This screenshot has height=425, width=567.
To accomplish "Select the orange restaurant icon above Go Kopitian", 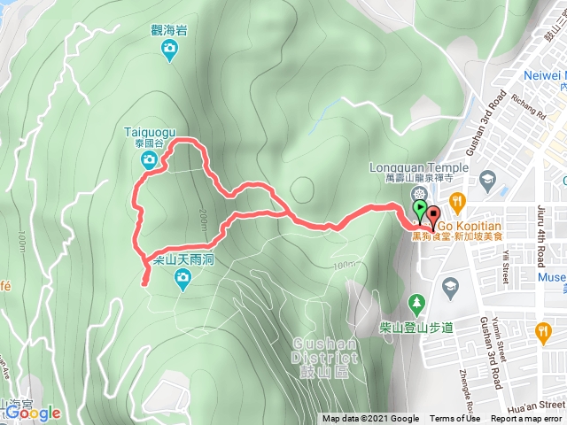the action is pyautogui.click(x=456, y=201).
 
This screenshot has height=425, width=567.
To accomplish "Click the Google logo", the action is pyautogui.click(x=31, y=413).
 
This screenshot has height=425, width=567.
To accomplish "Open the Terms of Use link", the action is pyautogui.click(x=455, y=419).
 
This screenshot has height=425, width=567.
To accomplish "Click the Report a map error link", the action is pyautogui.click(x=527, y=419).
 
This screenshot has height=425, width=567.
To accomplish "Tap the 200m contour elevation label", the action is pyautogui.click(x=203, y=214).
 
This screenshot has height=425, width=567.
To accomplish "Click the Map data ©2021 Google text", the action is pyautogui.click(x=370, y=419).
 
